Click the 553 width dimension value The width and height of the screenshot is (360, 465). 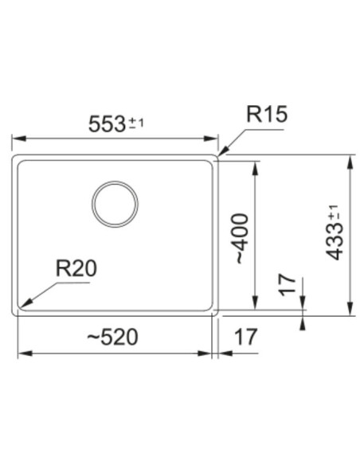[107, 124]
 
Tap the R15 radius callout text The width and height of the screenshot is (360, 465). [267, 114]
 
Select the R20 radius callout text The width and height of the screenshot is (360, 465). [76, 268]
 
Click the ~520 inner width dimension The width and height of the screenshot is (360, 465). [112, 337]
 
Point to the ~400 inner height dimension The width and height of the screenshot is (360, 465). [241, 238]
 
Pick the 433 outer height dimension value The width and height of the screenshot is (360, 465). [334, 242]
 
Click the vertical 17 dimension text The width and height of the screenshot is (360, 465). [288, 285]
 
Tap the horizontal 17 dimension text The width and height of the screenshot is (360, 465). [245, 337]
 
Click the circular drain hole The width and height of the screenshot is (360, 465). [115, 182]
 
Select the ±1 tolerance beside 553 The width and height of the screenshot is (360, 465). [136, 123]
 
